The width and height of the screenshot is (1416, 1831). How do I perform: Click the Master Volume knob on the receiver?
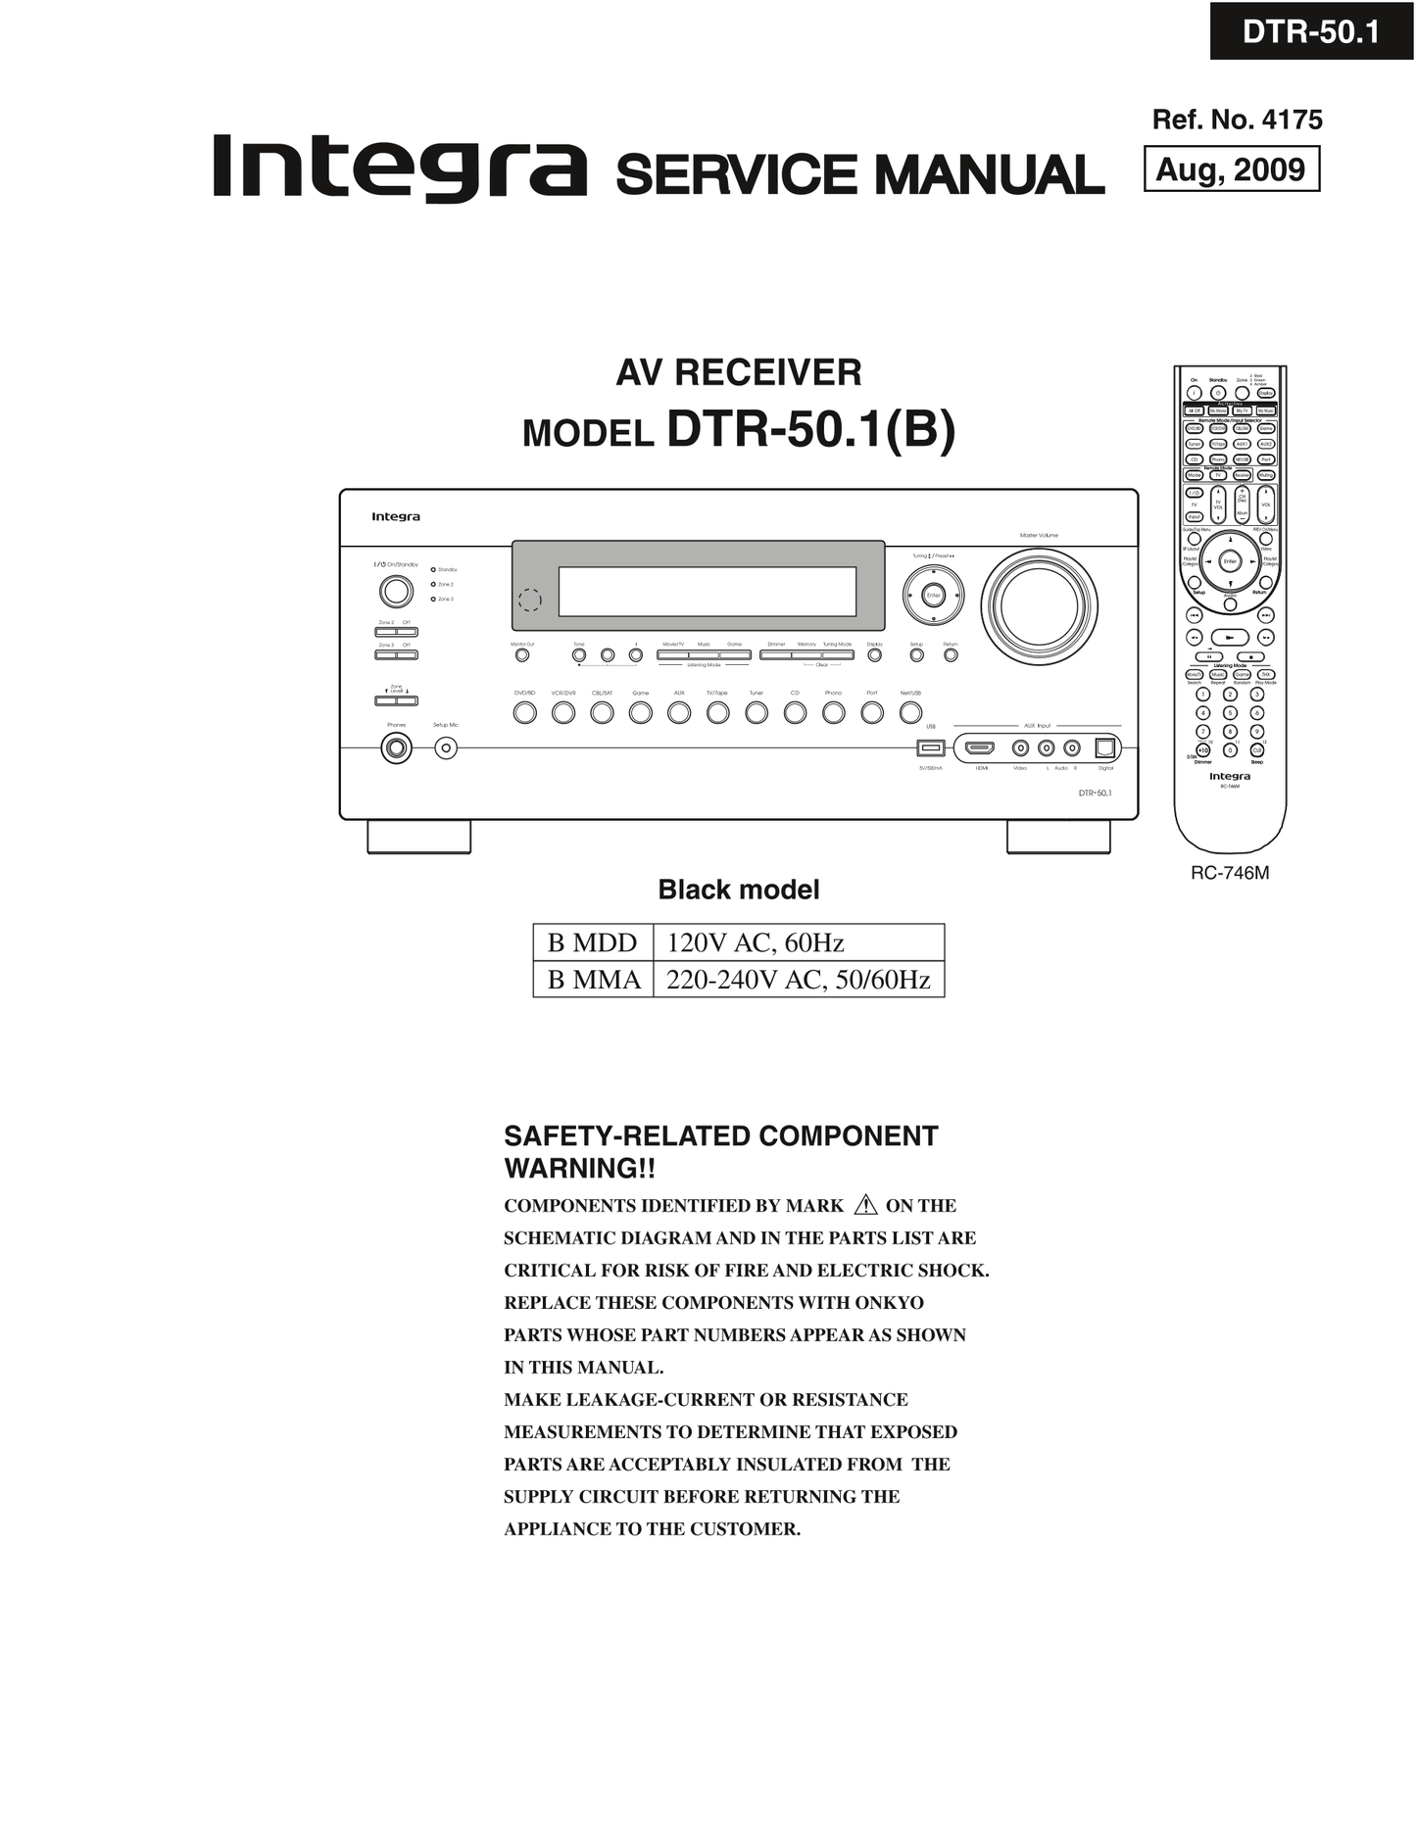pos(1039,602)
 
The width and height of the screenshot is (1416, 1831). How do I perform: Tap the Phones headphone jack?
pos(396,748)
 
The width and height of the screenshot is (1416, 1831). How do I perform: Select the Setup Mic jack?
pos(446,748)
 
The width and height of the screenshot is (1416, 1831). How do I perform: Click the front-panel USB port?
pos(930,748)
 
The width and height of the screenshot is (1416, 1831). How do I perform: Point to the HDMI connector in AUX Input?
pos(980,748)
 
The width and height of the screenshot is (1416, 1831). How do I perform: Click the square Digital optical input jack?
pos(1105,748)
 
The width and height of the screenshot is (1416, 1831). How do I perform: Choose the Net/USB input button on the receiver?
pos(910,713)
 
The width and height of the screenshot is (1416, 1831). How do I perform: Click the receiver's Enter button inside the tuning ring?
pos(933,596)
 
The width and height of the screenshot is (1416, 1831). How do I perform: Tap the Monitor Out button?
pos(522,655)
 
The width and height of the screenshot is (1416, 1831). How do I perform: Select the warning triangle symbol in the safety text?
pos(865,1205)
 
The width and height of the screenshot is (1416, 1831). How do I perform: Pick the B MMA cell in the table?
pos(594,980)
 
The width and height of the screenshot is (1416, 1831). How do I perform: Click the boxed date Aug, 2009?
pos(1231,169)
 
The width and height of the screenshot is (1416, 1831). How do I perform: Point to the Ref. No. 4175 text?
pos(1237,120)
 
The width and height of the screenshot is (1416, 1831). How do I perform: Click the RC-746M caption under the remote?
pos(1230,873)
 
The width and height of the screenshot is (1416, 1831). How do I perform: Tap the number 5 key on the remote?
pos(1231,713)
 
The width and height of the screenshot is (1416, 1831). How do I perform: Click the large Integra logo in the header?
pos(399,169)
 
